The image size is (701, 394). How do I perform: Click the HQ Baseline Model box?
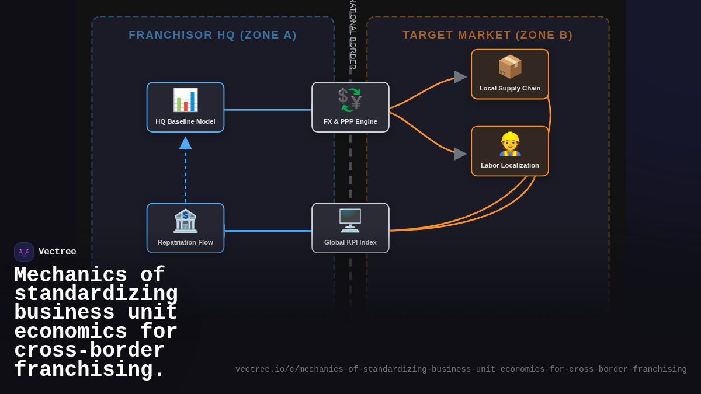click(x=185, y=107)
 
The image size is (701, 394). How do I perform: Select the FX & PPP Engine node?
click(x=350, y=107)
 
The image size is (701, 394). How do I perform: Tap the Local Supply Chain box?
click(x=510, y=75)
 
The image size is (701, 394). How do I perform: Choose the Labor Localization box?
click(x=510, y=151)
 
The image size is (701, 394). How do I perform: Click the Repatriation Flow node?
click(x=185, y=228)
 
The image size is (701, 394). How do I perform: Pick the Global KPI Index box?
click(x=350, y=228)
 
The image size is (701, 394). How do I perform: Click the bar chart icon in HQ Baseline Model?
click(x=185, y=100)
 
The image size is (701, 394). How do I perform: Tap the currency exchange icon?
click(x=350, y=100)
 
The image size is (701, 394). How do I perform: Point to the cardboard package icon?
click(x=510, y=67)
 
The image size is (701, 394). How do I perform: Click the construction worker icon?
click(x=510, y=144)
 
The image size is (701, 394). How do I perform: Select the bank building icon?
click(x=185, y=221)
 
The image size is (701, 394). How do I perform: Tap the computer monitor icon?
click(x=350, y=221)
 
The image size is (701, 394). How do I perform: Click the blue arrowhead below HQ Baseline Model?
click(x=185, y=143)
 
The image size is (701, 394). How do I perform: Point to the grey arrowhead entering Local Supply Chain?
click(x=460, y=77)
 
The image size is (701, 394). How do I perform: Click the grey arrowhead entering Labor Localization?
click(x=460, y=154)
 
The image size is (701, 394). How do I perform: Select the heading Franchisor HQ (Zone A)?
click(x=213, y=35)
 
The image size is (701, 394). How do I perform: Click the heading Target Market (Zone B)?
click(x=488, y=35)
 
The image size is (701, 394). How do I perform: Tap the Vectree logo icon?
click(x=24, y=252)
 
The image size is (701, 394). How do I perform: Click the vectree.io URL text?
click(x=461, y=369)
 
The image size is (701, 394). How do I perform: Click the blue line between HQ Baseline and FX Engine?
click(x=268, y=110)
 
